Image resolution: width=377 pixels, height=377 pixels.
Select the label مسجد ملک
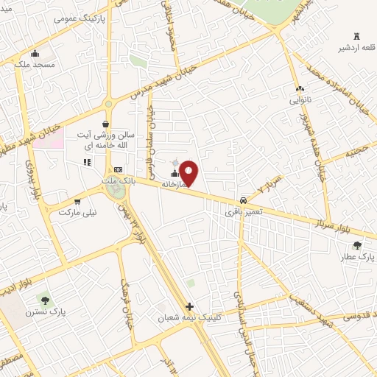[x=35, y=65]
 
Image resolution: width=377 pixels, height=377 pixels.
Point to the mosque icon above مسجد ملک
[x=35, y=52]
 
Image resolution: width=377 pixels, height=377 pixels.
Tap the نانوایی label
[x=300, y=99]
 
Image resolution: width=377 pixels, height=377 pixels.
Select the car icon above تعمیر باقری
[x=242, y=201]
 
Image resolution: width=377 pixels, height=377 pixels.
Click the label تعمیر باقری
[x=242, y=213]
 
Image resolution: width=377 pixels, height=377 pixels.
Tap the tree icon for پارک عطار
[x=357, y=245]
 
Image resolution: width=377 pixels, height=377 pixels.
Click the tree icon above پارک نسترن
[x=46, y=300]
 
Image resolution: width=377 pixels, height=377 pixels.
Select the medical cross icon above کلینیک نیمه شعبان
[x=189, y=306]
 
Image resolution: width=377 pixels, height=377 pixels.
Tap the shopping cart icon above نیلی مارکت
[x=77, y=200]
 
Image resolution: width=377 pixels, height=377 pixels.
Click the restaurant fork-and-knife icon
[x=87, y=161]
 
